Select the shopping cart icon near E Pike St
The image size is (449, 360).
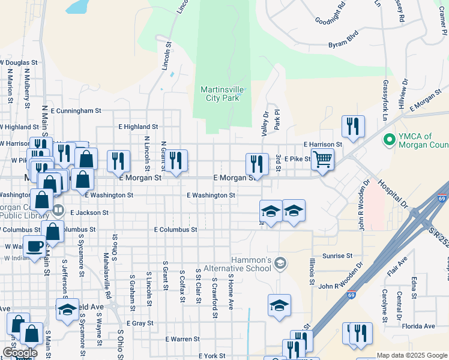pos(322,159)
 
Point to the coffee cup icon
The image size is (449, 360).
pos(34,245)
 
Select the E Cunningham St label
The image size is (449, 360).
pos(76,111)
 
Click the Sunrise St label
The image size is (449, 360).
pos(337,256)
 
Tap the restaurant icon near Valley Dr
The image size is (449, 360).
pos(257,163)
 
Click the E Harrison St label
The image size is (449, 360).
pos(322,145)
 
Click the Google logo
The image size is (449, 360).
pos(20,353)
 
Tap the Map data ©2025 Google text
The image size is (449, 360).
pos(412,355)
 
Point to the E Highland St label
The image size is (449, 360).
pos(138,127)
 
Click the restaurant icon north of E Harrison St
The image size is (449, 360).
pos(352,126)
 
